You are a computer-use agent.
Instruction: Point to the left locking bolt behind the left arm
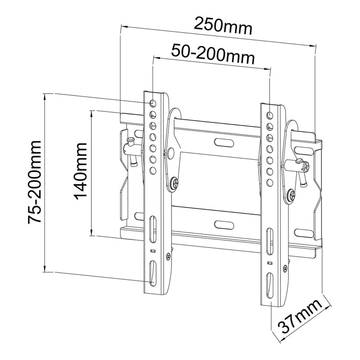pos(130,144)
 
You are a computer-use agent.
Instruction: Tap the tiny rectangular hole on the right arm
pos(269,261)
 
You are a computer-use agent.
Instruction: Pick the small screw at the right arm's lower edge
pos(284,269)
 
